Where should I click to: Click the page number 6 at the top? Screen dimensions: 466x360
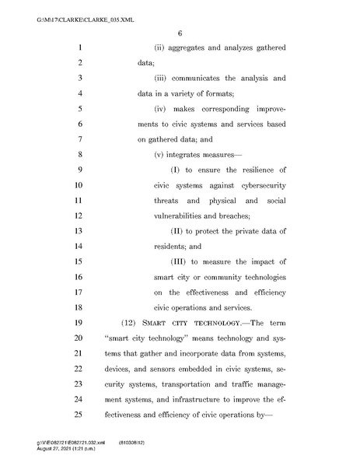179,33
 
